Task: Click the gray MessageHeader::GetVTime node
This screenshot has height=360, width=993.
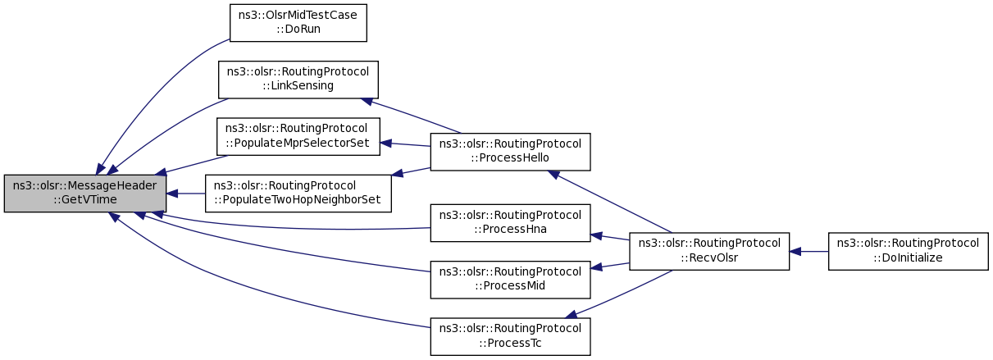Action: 85,194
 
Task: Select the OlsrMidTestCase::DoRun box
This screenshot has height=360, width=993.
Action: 298,23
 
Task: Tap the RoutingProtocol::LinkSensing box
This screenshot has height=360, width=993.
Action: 298,80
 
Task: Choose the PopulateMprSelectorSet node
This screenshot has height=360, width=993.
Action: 298,137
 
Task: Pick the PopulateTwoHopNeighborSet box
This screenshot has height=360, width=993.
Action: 298,194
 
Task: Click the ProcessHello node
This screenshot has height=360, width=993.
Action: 510,152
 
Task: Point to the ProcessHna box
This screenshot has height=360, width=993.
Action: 510,223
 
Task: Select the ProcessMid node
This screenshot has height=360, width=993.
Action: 510,280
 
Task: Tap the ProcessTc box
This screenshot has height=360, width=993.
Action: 510,336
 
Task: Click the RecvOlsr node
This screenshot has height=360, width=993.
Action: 709,252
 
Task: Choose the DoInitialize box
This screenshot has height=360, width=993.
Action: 909,252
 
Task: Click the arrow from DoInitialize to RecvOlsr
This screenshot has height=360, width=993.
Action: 809,252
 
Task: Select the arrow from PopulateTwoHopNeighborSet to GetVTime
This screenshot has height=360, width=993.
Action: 186,194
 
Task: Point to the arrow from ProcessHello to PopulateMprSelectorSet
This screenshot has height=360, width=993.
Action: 405,144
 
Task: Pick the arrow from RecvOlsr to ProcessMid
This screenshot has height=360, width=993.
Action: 610,266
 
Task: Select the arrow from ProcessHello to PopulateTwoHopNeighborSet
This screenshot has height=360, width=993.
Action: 411,172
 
